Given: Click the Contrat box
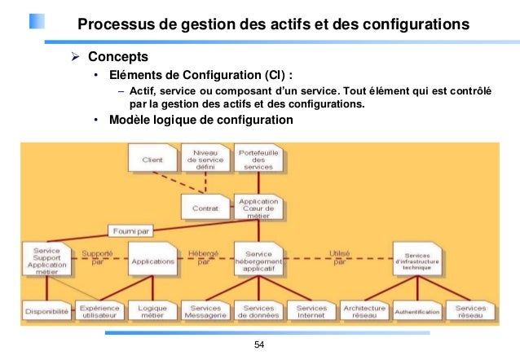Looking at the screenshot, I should pos(205,207).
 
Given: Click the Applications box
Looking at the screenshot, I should pos(152,261).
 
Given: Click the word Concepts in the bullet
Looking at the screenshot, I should pos(117,57).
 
